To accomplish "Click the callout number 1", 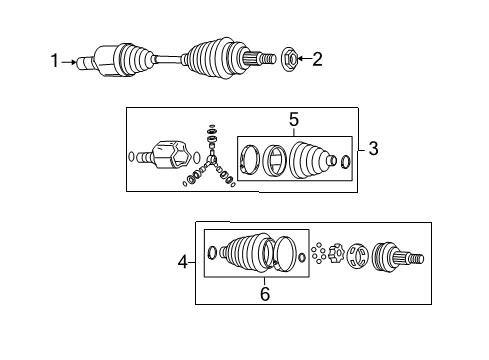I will click(56, 62).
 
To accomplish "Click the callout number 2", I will click(317, 60).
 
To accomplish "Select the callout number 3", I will click(373, 149).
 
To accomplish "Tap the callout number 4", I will click(182, 263).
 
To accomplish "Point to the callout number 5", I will click(293, 121).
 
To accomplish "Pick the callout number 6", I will click(265, 294).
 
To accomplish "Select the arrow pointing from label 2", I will click(304, 60).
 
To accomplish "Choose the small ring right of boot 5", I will click(345, 162).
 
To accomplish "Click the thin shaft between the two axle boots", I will click(170, 61).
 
